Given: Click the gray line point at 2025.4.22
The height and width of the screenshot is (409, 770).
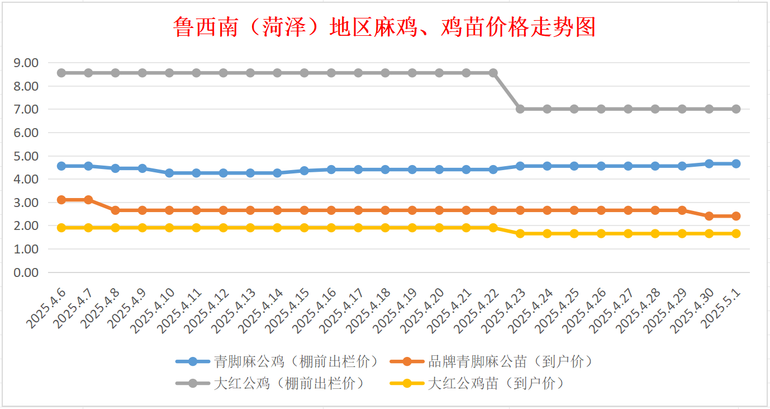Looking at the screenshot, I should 493,73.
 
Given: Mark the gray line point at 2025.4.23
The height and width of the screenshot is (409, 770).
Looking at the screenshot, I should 520,109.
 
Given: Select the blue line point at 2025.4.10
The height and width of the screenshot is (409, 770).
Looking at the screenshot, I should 169,173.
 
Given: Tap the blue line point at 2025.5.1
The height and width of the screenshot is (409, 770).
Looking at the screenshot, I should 736,163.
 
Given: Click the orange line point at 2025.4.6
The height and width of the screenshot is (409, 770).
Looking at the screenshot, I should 61,200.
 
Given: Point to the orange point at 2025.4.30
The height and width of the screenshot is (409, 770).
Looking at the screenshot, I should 709,216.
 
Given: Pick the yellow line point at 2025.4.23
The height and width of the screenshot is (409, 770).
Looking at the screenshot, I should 520,233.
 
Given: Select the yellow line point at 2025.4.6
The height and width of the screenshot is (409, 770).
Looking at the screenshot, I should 61,228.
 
